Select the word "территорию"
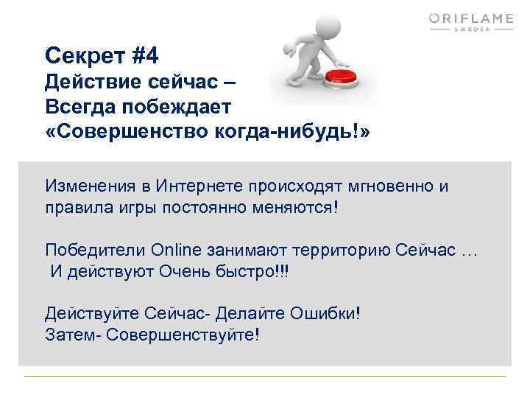342,249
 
